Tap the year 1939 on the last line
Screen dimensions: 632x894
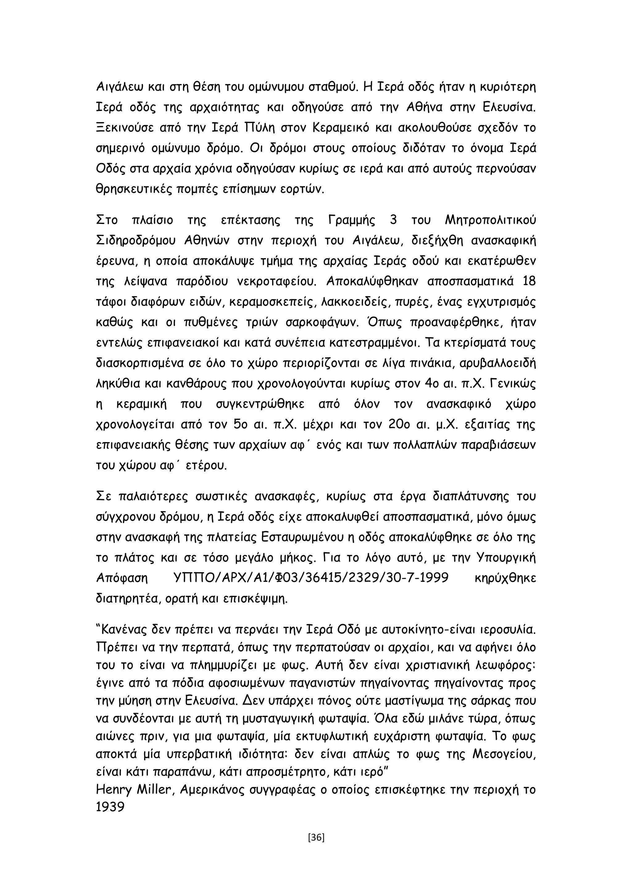[110, 807]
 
